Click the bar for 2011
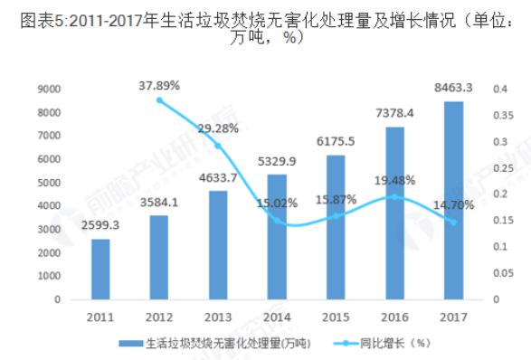tap(100, 269)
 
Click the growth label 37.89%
tap(159, 85)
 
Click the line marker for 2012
tap(160, 99)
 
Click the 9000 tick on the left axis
tap(49, 89)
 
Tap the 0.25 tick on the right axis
tap(501, 167)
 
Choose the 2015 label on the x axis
tap(337, 317)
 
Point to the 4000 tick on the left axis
tap(49, 205)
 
